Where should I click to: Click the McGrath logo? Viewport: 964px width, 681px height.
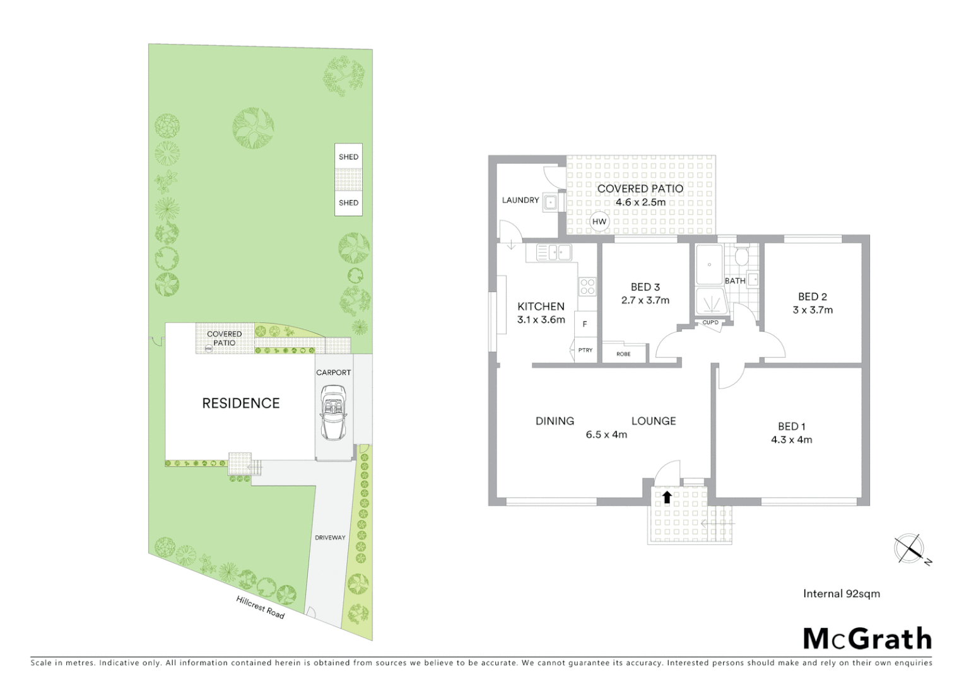(x=867, y=639)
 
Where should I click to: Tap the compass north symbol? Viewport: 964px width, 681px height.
(x=910, y=548)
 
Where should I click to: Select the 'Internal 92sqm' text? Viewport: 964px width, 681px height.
(x=841, y=593)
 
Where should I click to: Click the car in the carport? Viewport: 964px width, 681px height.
(x=333, y=413)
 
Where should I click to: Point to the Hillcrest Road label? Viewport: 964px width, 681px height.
(x=260, y=607)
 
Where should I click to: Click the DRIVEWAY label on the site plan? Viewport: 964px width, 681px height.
(x=330, y=538)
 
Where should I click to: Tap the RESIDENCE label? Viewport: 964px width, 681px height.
(x=240, y=403)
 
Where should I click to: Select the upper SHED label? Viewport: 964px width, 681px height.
(x=348, y=157)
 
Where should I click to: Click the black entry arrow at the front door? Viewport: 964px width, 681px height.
(x=667, y=497)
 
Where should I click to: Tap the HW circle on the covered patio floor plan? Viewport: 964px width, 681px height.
(x=599, y=222)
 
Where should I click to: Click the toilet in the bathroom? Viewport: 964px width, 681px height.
(x=741, y=256)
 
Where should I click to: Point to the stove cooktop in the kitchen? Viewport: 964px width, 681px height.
(x=587, y=286)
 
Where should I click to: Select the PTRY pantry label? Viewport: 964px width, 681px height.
(x=585, y=350)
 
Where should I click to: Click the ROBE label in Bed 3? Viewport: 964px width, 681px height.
(x=623, y=354)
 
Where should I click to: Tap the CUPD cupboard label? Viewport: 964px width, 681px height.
(x=710, y=323)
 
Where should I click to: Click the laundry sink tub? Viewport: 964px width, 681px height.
(x=551, y=202)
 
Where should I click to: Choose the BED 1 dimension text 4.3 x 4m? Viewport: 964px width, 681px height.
(x=791, y=439)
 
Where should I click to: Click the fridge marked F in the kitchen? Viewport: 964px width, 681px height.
(x=585, y=324)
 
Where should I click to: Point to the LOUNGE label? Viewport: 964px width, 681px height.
(x=654, y=421)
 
